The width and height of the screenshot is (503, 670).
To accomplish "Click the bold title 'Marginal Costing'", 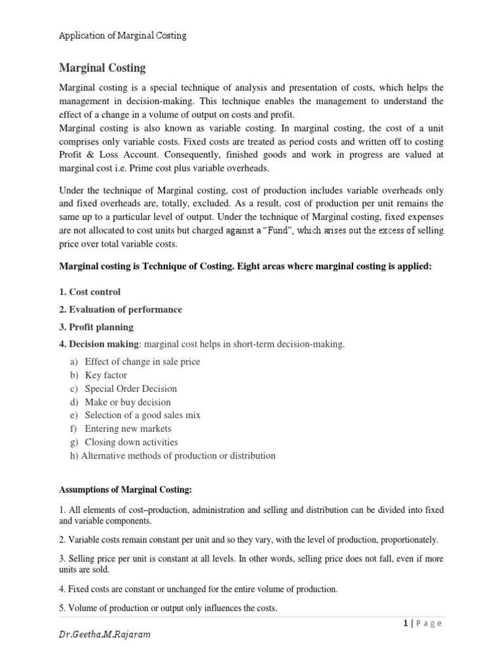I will point(103,68).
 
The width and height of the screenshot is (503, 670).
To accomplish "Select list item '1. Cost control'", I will point(90,292).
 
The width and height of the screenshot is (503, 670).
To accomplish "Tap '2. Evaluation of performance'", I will point(121,309).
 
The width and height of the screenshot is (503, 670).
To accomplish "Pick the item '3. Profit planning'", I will point(96,326).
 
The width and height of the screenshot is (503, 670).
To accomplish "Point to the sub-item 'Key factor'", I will point(105,376).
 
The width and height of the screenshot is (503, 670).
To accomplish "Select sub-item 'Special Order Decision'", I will point(130,389).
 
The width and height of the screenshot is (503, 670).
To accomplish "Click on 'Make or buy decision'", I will point(127,402).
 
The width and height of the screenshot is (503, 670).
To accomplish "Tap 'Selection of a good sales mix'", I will point(142,415).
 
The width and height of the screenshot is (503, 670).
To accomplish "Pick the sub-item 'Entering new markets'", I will point(128,429).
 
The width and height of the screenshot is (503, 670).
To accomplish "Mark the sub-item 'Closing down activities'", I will point(131,442).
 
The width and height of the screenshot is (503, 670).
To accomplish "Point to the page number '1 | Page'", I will point(423,624).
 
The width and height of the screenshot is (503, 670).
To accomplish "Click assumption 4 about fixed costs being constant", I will point(198,589).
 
